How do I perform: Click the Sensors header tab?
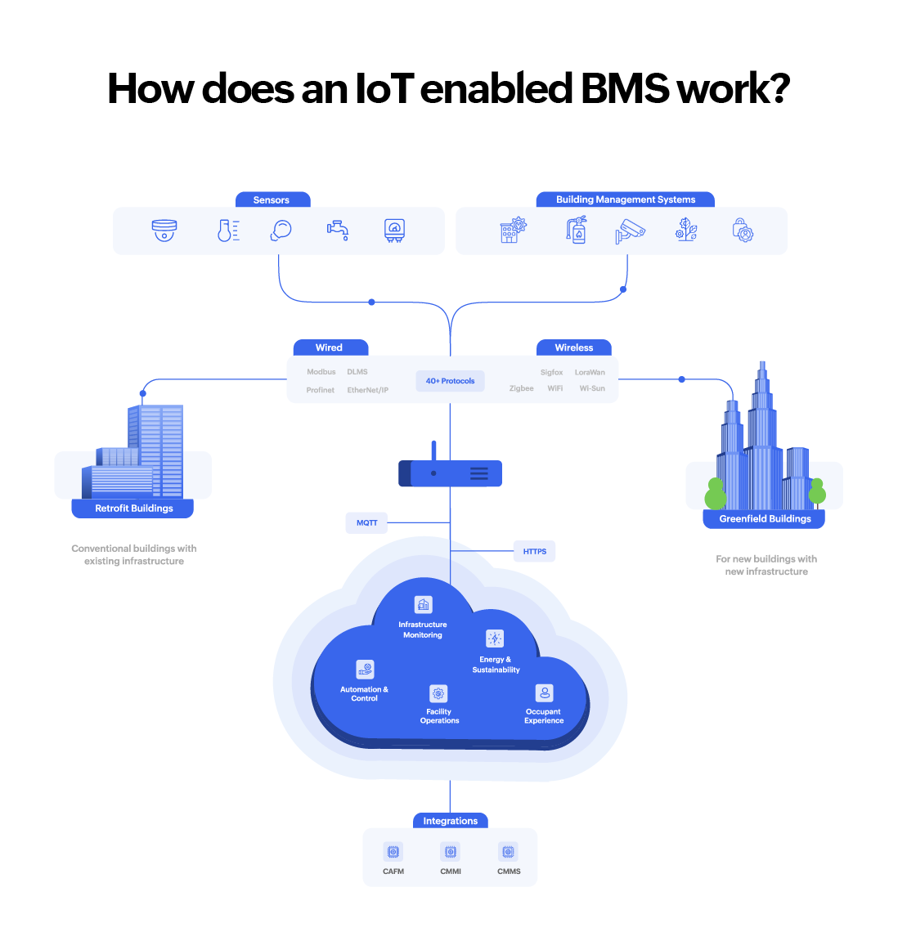pyautogui.click(x=272, y=199)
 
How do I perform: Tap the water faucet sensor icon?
pyautogui.click(x=337, y=231)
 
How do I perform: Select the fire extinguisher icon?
pyautogui.click(x=577, y=230)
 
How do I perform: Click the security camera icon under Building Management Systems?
pyautogui.click(x=630, y=231)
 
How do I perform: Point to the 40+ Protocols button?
pyautogui.click(x=450, y=381)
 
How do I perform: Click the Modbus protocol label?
pyautogui.click(x=321, y=372)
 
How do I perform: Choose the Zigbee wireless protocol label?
pyautogui.click(x=521, y=388)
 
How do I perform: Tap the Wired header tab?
pyautogui.click(x=330, y=347)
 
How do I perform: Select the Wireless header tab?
pyautogui.click(x=573, y=347)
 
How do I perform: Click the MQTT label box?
pyautogui.click(x=367, y=522)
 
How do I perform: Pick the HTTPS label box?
pyautogui.click(x=535, y=551)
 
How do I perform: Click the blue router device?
pyautogui.click(x=450, y=473)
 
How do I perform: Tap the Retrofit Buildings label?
pyautogui.click(x=133, y=509)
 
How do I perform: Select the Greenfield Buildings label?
pyautogui.click(x=765, y=518)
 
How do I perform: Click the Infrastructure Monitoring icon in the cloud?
pyautogui.click(x=423, y=605)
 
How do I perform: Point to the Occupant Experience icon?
pyautogui.click(x=544, y=693)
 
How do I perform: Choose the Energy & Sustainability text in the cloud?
pyautogui.click(x=496, y=665)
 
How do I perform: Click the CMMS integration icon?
pyautogui.click(x=509, y=852)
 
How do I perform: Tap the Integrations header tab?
pyautogui.click(x=450, y=821)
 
